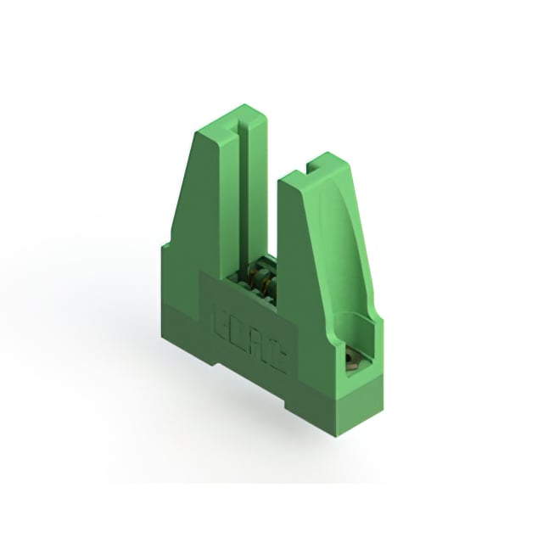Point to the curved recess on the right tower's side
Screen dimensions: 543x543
coord(344,255)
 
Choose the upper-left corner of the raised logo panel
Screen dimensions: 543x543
coord(201,273)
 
